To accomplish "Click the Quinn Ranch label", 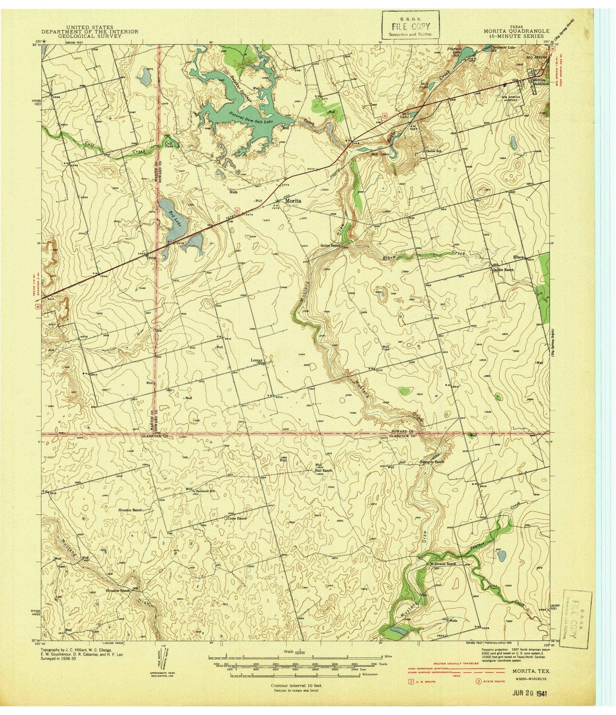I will pos(331,245).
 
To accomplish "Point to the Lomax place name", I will pos(257,359).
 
